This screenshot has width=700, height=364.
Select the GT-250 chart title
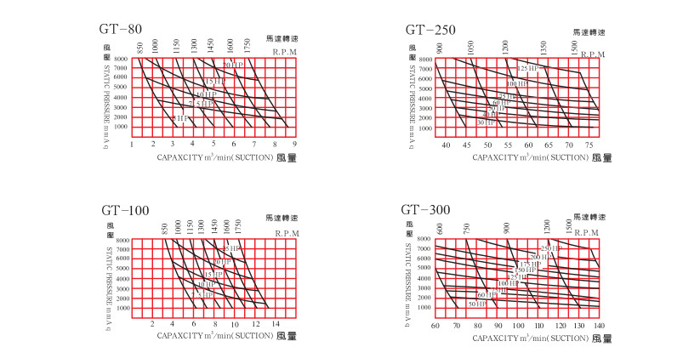click(x=432, y=30)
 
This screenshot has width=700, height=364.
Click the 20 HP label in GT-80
click(x=234, y=65)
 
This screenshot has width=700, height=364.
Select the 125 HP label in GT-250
click(x=529, y=68)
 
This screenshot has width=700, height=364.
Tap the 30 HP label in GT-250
click(x=486, y=122)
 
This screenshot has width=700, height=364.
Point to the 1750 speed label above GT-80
click(x=248, y=44)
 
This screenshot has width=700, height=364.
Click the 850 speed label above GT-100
click(x=165, y=228)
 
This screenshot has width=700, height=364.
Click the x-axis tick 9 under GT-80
click(x=293, y=145)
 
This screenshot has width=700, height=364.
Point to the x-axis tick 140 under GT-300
click(x=599, y=326)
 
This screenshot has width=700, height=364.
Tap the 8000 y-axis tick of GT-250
click(x=426, y=60)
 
